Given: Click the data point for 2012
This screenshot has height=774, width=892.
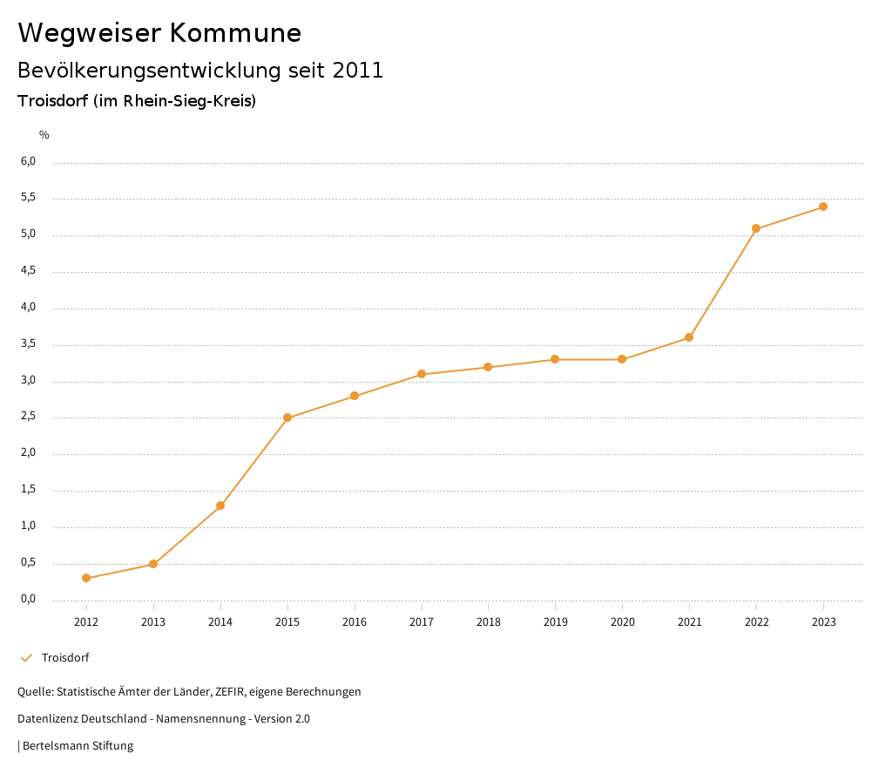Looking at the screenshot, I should click(86, 578).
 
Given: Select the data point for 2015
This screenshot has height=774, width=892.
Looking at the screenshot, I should click(287, 418).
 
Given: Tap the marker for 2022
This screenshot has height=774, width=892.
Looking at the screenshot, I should click(756, 228).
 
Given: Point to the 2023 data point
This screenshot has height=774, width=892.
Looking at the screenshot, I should click(823, 207).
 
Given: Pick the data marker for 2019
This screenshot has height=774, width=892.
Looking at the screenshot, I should click(555, 359).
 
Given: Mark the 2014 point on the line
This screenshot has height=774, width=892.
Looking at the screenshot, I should click(220, 506).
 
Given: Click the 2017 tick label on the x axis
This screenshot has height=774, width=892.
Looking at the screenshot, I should click(422, 622).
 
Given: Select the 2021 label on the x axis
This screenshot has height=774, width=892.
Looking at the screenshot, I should click(689, 622).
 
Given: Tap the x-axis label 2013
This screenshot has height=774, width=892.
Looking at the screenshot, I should click(153, 622).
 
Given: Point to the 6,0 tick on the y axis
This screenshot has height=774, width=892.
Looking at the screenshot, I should click(28, 161).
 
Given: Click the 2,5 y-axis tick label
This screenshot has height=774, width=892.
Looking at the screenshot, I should click(28, 416).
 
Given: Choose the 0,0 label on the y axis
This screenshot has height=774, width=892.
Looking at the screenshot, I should click(28, 599).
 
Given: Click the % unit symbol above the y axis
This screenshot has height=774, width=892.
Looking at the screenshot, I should click(44, 135).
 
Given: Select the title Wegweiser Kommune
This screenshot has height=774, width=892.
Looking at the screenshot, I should click(159, 33).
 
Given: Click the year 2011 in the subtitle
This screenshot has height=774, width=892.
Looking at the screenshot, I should click(357, 71).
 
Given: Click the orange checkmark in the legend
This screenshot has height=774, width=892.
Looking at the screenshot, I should click(26, 658).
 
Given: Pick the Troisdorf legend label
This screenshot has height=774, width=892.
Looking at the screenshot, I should click(65, 658).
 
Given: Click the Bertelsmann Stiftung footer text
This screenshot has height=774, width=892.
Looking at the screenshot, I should click(78, 746).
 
